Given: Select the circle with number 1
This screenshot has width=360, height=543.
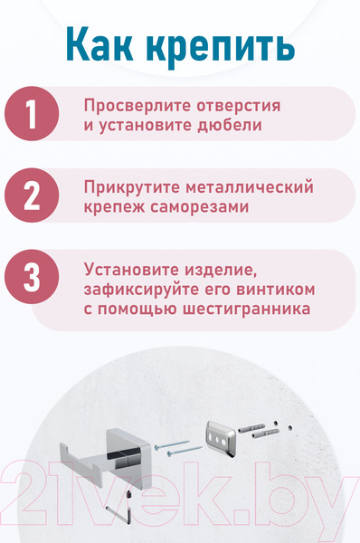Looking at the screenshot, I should click(31, 114).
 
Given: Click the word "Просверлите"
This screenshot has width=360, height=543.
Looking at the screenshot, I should click(134, 105).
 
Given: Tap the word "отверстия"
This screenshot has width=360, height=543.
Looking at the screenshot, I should click(235, 105).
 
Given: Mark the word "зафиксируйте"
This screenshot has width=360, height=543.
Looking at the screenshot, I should click(141, 289).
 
